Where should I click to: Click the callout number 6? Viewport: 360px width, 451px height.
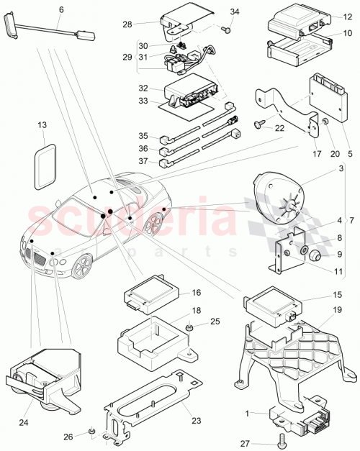(60, 9)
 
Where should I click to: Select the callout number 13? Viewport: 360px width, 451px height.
(42, 125)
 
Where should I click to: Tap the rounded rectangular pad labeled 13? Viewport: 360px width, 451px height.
(45, 165)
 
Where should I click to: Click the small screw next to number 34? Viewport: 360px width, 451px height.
(226, 29)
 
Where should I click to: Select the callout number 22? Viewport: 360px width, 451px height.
(280, 127)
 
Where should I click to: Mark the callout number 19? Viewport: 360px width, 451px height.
(338, 310)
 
